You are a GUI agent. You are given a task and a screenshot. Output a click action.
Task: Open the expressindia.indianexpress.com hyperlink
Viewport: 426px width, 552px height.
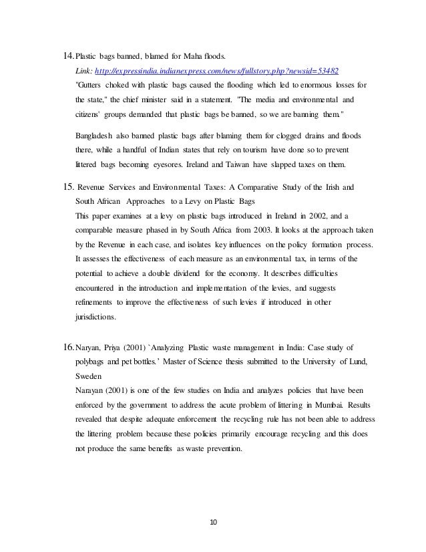(217, 70)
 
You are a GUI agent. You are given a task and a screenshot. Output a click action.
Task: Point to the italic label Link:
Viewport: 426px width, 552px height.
(85, 70)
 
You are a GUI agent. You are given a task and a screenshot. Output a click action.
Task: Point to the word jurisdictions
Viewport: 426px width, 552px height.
(97, 317)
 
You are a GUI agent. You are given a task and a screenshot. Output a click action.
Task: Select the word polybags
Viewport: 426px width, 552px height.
(95, 361)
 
